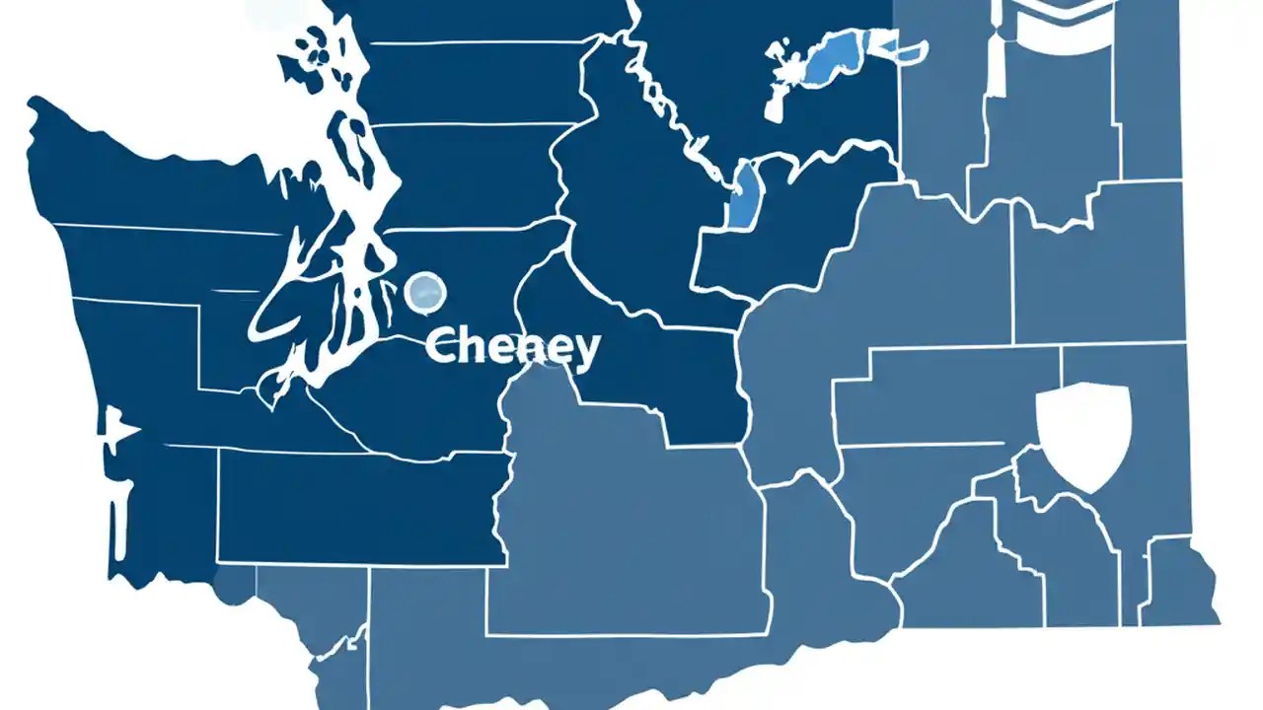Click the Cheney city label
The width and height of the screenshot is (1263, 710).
coord(512,348)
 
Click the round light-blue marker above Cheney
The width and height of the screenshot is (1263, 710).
coord(426,290)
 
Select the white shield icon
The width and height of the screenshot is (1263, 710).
coord(1083,435)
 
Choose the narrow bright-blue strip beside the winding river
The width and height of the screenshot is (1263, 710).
coord(742,196)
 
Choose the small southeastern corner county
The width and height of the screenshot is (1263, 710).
coord(1179,582)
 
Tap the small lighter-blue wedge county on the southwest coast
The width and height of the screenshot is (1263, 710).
coord(235,582)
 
